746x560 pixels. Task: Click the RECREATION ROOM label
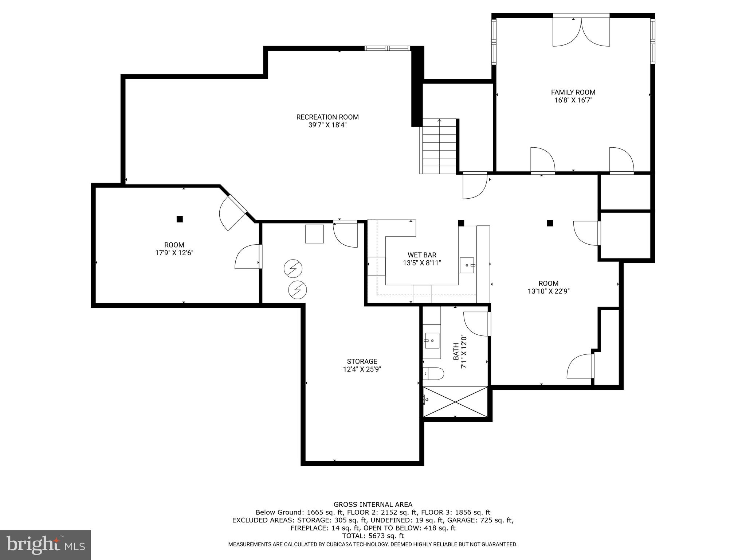click(x=327, y=117)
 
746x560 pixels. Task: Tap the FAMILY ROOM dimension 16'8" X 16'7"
click(x=573, y=100)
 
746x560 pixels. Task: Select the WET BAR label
click(x=422, y=255)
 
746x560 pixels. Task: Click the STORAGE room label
click(x=362, y=361)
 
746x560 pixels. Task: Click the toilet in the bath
click(x=433, y=374)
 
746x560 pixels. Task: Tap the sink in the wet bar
click(x=467, y=265)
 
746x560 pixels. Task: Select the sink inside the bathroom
click(x=432, y=341)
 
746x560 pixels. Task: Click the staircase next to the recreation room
click(x=439, y=148)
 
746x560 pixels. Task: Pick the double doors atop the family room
click(x=581, y=32)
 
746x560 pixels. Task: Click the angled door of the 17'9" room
click(x=233, y=213)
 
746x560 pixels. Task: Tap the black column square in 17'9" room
click(x=180, y=219)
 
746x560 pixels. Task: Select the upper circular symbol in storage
click(x=293, y=269)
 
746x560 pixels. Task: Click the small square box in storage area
click(x=314, y=234)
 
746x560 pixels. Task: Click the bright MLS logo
click(x=45, y=545)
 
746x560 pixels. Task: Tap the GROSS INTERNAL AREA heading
click(x=373, y=505)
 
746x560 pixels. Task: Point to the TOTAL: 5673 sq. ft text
click(x=373, y=536)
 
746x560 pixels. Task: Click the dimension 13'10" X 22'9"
click(x=549, y=291)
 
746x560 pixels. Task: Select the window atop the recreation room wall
click(x=388, y=48)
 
